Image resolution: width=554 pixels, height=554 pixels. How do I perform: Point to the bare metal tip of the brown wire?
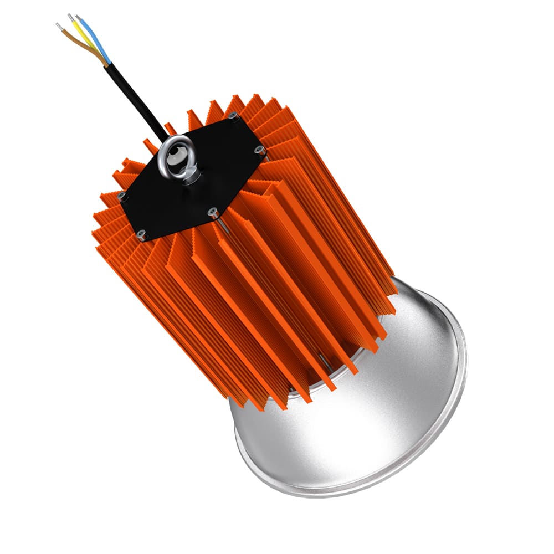59,25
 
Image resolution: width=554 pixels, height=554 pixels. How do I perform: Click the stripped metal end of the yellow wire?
70,17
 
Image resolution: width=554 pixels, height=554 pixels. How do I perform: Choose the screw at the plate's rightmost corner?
258,150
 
